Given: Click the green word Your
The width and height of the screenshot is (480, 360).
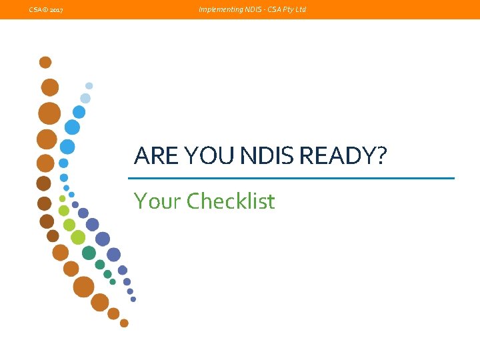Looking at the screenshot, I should point(157,201).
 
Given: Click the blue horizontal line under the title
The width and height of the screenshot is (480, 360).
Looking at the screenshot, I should point(291,178).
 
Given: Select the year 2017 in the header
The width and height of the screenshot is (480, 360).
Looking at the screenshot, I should point(56,10).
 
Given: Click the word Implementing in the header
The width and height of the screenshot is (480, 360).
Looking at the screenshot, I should point(217,10).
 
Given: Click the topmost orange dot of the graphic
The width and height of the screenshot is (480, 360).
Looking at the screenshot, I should point(45,63).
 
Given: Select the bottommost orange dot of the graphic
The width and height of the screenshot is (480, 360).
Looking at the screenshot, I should point(124,323).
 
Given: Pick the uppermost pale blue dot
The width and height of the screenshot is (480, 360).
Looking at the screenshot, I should point(89,86).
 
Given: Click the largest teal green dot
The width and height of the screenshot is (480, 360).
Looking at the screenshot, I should point(89,253).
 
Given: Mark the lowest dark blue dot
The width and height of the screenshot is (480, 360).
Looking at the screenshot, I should point(133,299).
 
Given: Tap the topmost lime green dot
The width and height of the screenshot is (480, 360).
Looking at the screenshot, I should point(63,199).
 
